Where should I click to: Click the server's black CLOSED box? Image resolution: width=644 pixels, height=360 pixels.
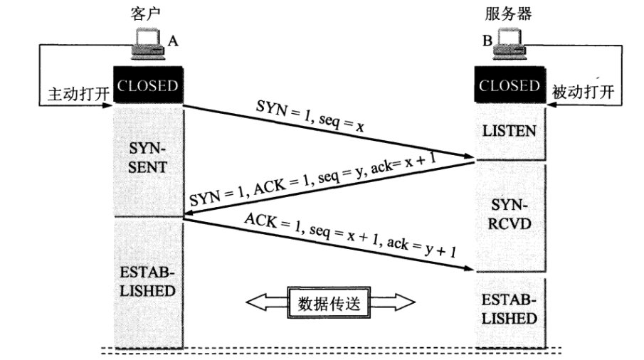tap(510, 85)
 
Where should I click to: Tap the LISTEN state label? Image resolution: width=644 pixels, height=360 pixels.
tap(510, 132)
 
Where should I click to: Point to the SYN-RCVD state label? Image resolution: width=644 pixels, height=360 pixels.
tap(510, 216)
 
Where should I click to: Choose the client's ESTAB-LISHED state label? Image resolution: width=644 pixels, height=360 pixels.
tap(148, 282)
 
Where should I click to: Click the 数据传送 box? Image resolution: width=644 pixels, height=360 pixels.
tap(331, 304)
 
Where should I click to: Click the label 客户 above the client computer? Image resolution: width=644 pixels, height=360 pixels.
tap(146, 14)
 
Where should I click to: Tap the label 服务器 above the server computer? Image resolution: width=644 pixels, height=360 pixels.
tap(508, 14)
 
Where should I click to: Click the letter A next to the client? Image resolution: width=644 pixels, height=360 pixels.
tap(173, 42)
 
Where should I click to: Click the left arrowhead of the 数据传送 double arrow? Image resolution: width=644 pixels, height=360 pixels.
tap(255, 304)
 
